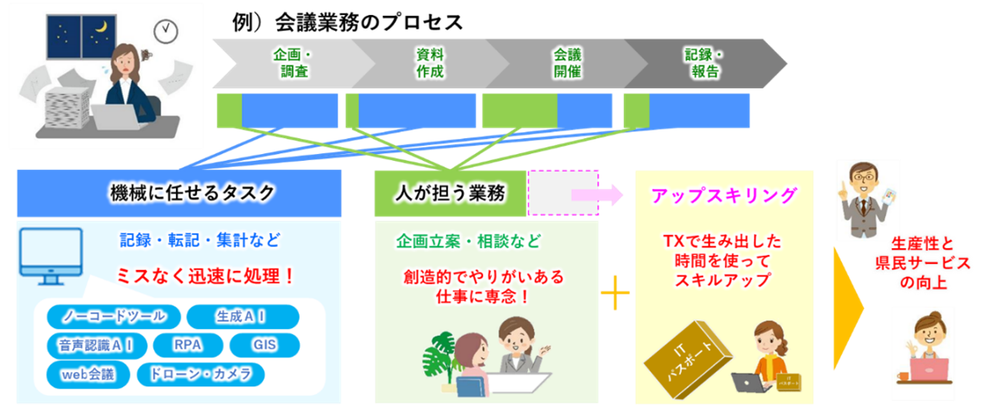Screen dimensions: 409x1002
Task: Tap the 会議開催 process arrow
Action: (567, 63)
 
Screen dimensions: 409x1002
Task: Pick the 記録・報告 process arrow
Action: (706, 63)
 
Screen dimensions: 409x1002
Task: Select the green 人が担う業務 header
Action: (450, 194)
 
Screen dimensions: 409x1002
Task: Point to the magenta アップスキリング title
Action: (724, 195)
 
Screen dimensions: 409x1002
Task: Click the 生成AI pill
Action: (242, 316)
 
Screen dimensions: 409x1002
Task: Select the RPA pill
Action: (187, 345)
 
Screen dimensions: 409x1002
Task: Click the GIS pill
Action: (264, 345)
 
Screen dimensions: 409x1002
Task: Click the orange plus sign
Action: (616, 295)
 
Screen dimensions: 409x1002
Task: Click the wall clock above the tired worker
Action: (167, 31)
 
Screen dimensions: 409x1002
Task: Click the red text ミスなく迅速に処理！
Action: (206, 275)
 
